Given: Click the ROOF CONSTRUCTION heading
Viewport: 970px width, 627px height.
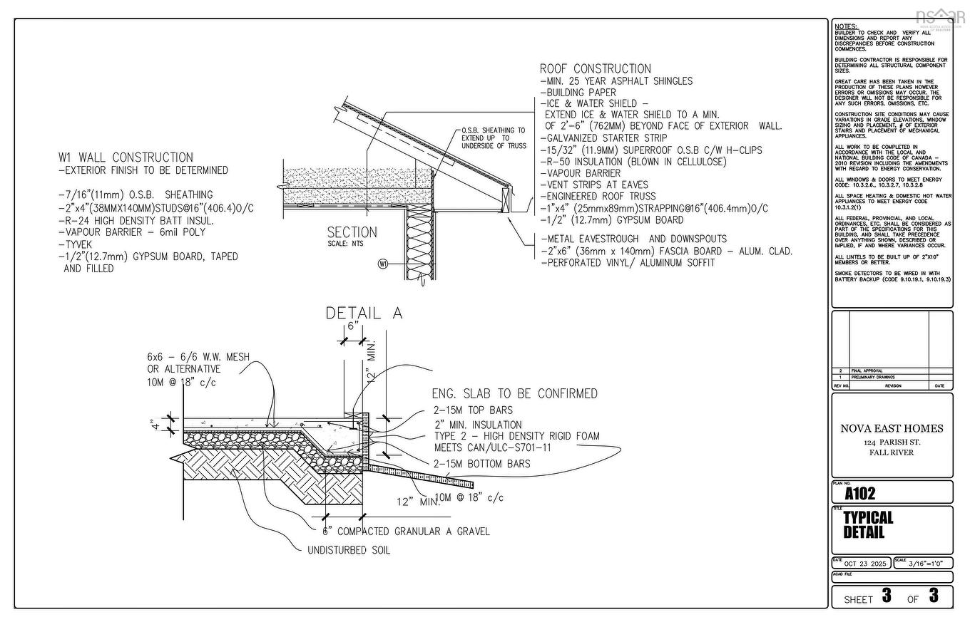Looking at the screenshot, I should click(x=595, y=69).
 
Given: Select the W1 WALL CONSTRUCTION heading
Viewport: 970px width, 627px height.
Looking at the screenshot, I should click(x=126, y=157).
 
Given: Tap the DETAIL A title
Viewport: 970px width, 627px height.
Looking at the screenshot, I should click(x=364, y=313).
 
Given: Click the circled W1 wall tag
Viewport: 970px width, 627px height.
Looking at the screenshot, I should click(x=383, y=264).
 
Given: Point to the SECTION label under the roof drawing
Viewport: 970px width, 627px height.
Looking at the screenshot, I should click(x=352, y=232).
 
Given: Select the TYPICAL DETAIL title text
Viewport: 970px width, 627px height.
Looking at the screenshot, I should click(x=868, y=525).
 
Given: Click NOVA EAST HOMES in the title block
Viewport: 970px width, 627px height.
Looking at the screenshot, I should click(x=892, y=428).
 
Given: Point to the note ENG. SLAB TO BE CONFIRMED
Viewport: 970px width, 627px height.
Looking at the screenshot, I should click(x=514, y=394).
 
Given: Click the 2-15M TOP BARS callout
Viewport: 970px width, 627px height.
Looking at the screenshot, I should click(x=473, y=410).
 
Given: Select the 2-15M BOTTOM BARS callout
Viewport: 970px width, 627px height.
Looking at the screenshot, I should click(x=481, y=464).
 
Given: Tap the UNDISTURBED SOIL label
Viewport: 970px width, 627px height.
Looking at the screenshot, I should click(x=349, y=551).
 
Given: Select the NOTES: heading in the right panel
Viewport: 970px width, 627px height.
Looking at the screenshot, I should click(x=845, y=26).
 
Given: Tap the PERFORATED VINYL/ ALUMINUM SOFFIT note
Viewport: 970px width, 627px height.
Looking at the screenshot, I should click(x=628, y=263).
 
